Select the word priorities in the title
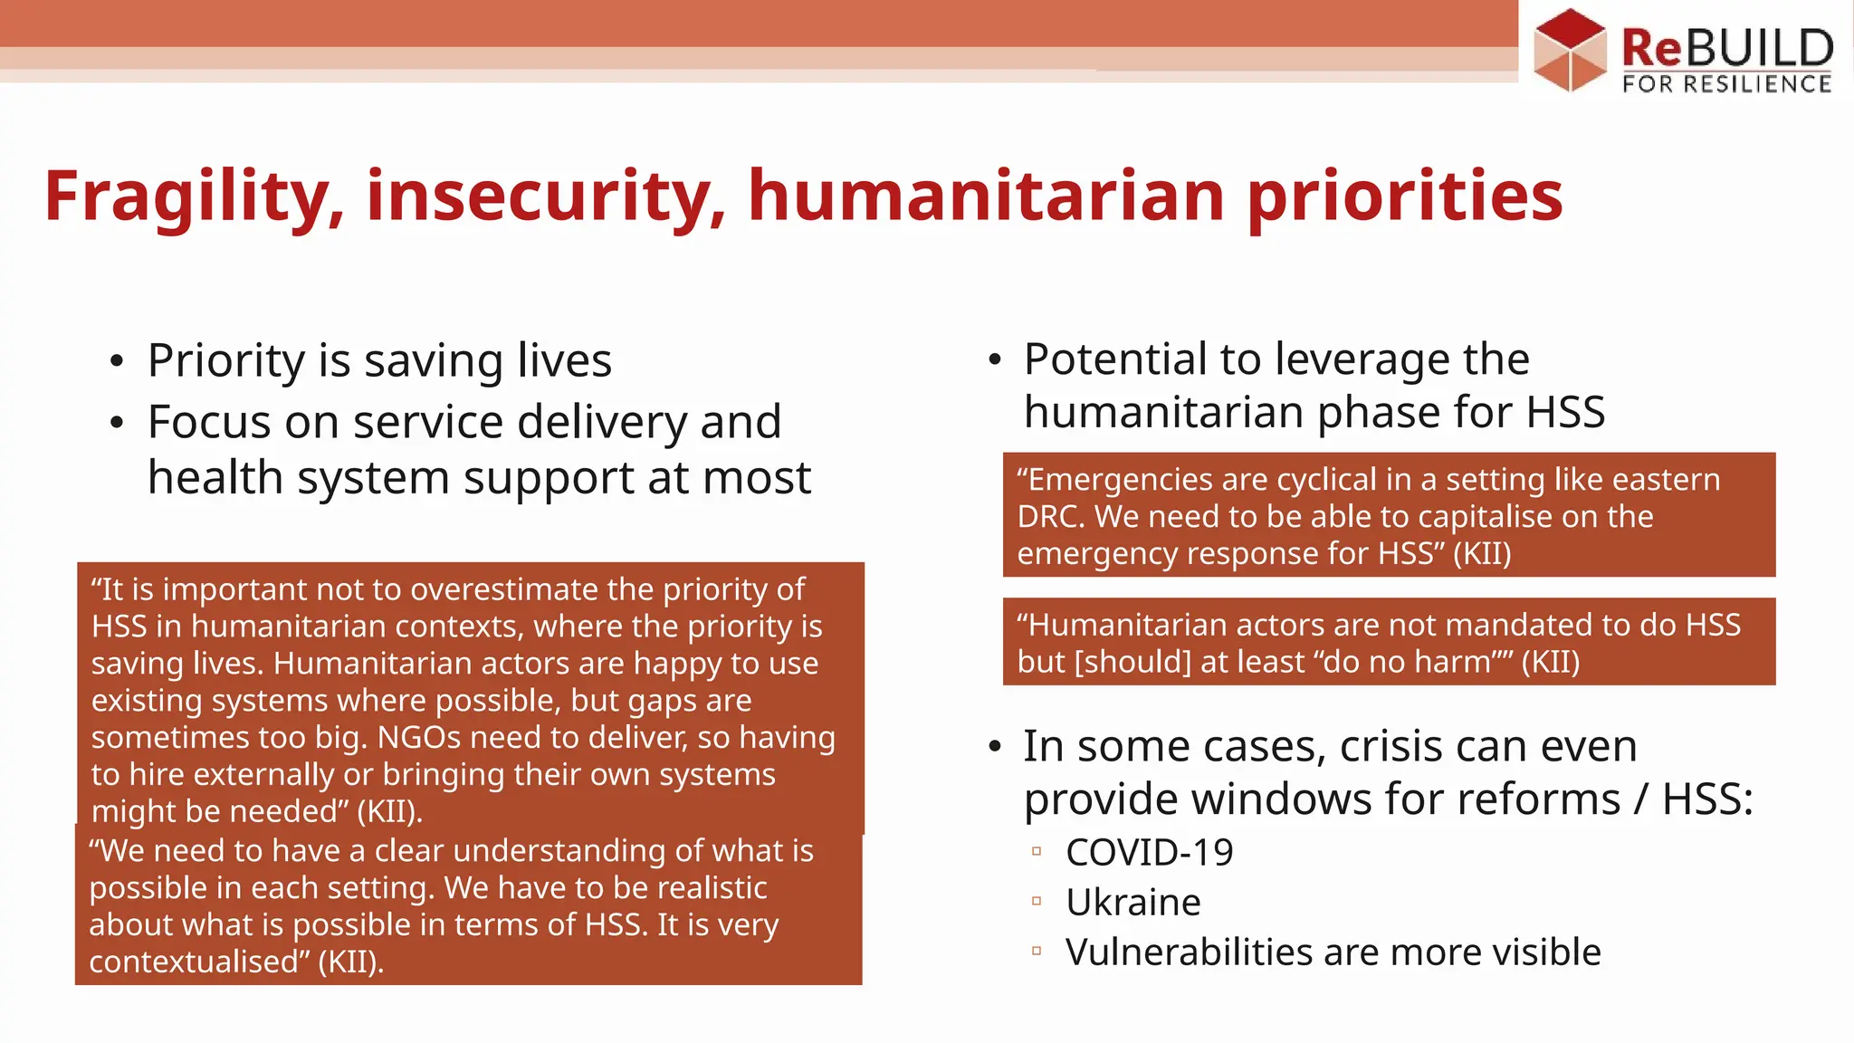(x=1404, y=196)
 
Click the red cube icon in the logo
(x=1570, y=50)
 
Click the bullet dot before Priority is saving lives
(x=116, y=362)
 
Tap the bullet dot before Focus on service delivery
(x=116, y=423)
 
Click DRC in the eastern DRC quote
(x=1049, y=516)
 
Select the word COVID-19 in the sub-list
(x=1149, y=852)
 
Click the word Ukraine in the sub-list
(x=1133, y=902)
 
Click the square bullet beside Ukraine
(x=1037, y=902)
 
